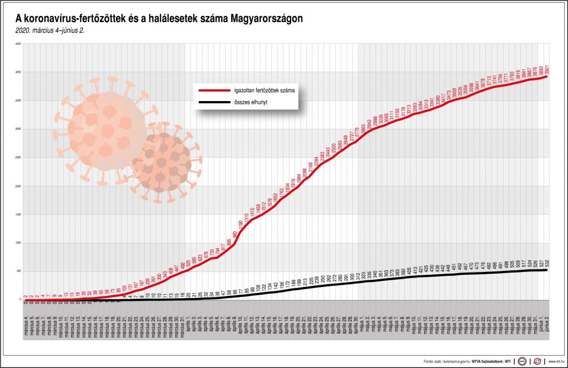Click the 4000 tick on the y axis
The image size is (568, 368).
click(x=18, y=72)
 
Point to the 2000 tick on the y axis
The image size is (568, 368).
click(x=18, y=186)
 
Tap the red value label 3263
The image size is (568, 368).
click(x=414, y=108)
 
